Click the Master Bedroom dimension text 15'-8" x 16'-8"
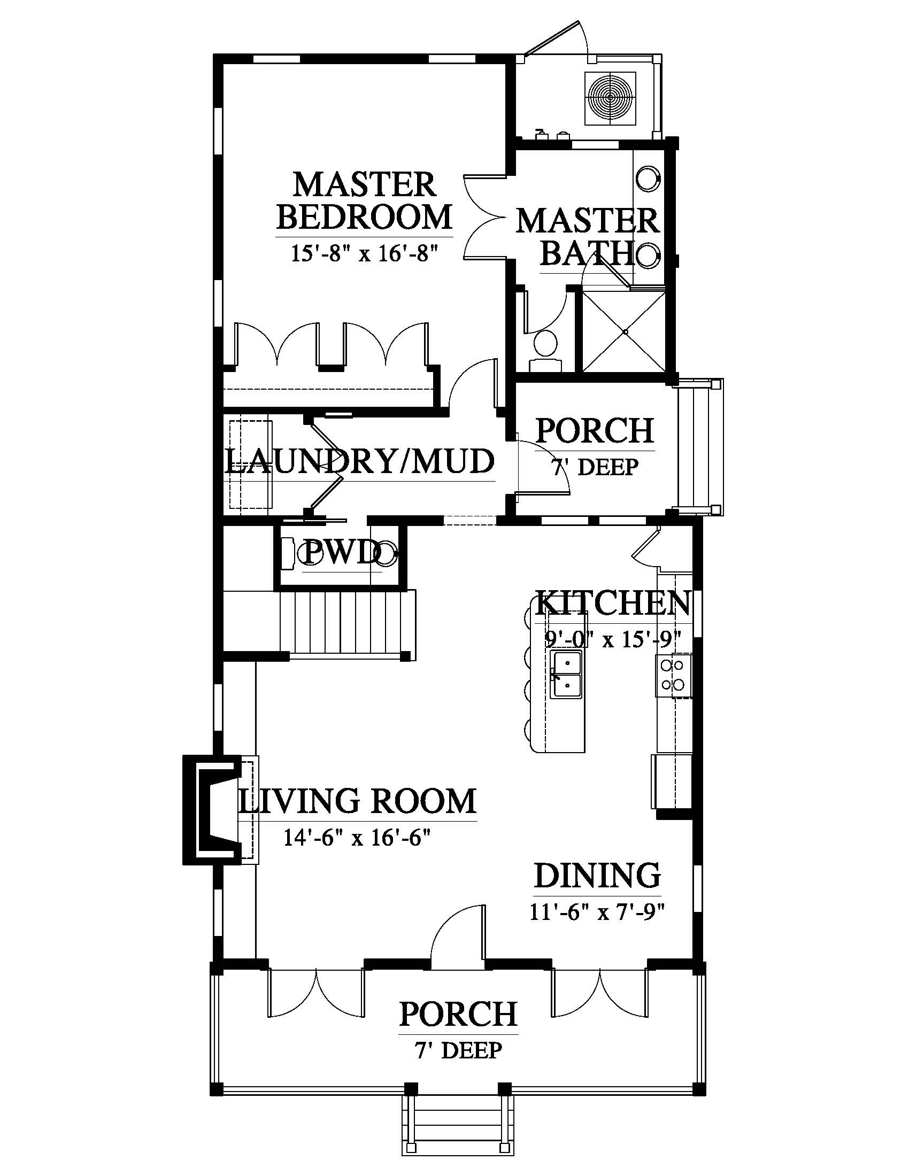click(x=364, y=252)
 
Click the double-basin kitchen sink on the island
click(x=566, y=674)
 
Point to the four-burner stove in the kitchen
click(x=673, y=675)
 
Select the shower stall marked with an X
click(x=625, y=332)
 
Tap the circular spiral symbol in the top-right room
click(x=610, y=98)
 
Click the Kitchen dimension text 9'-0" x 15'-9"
click(x=613, y=639)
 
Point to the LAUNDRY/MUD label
click(x=360, y=461)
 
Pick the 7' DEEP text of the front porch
click(x=458, y=1050)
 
